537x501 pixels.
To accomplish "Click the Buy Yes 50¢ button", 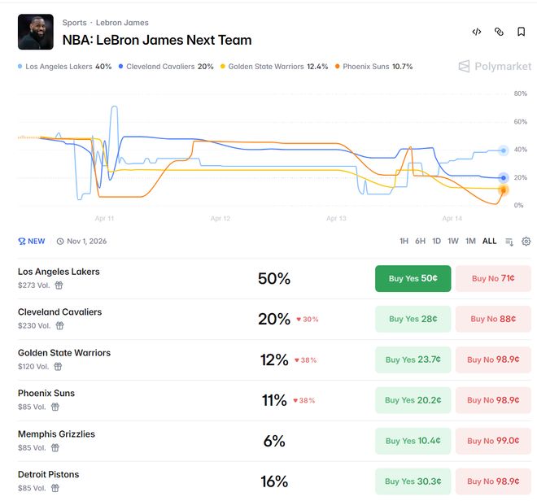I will (413, 278).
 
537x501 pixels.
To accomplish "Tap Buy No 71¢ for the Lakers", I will (492, 278).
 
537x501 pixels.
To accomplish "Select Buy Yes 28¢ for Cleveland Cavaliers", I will (413, 319).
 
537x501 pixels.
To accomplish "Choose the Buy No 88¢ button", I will (492, 319).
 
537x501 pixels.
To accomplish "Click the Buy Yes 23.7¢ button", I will (413, 359).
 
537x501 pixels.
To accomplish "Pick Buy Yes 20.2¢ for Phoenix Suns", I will (413, 400).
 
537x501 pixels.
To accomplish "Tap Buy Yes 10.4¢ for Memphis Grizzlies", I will (413, 441).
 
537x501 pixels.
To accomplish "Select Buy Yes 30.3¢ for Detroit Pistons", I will (413, 481).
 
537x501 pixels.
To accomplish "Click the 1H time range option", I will (404, 242).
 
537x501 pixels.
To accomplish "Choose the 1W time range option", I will (453, 242).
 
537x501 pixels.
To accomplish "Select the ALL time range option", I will (489, 242).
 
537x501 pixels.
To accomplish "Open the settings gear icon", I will (526, 242).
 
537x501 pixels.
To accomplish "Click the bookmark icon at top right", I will (522, 32).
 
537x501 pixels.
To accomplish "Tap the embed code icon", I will (477, 32).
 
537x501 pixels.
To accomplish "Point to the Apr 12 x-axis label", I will (220, 219).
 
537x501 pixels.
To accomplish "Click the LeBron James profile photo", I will (36, 32).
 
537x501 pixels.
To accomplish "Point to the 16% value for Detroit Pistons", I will (274, 481).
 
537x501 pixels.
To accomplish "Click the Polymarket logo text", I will (502, 67).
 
